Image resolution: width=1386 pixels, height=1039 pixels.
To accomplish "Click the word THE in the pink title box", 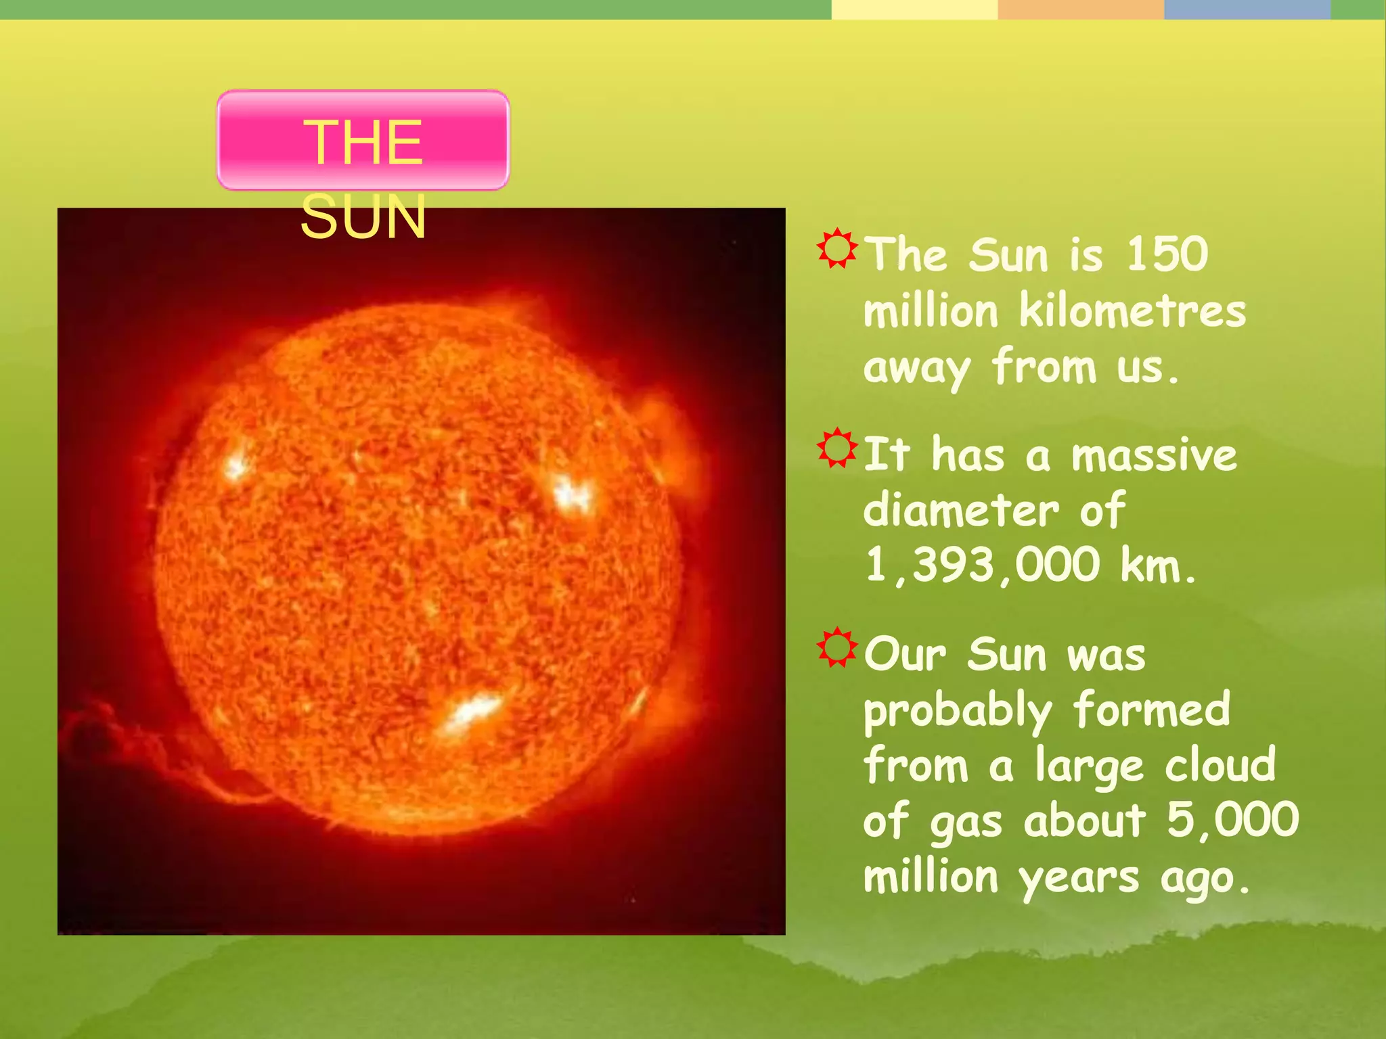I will [x=363, y=142].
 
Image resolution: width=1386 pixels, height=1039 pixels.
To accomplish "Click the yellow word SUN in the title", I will [x=363, y=217].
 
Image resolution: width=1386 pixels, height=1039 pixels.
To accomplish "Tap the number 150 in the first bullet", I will [x=1167, y=255].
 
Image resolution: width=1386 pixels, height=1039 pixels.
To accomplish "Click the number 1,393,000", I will [x=982, y=565].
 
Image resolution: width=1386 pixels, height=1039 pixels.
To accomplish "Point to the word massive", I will [x=1154, y=455].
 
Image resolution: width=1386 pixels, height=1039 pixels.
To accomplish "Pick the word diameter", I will [x=961, y=511].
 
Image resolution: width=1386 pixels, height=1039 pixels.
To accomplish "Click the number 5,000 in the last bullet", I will [x=1232, y=821].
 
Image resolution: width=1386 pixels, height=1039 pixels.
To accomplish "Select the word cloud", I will [x=1220, y=766].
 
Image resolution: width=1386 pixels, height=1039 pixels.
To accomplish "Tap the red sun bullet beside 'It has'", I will [x=837, y=448].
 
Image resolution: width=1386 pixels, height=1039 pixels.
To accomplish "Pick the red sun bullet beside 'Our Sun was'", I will [x=837, y=647].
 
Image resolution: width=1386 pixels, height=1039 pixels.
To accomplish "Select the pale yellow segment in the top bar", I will [x=914, y=9].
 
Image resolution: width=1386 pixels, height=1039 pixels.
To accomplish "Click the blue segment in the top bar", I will [x=1247, y=9].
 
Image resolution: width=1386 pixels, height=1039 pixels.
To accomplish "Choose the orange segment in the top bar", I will [x=1080, y=9].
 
